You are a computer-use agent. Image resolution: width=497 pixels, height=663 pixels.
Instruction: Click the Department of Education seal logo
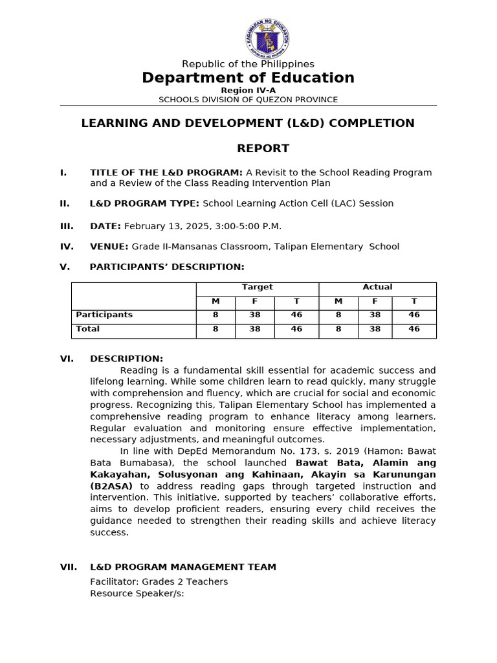click(267, 38)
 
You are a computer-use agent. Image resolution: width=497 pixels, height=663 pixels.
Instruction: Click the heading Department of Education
click(248, 78)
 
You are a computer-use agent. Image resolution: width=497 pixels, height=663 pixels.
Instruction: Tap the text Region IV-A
click(248, 90)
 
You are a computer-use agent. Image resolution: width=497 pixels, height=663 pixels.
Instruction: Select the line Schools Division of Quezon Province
click(248, 100)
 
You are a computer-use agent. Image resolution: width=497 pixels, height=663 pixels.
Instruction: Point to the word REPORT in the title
click(263, 148)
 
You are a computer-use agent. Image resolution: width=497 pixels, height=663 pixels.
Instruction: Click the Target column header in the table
click(257, 287)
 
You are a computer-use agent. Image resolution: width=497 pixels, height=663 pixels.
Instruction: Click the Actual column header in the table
click(377, 287)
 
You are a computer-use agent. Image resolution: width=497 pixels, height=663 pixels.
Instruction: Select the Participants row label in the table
click(104, 315)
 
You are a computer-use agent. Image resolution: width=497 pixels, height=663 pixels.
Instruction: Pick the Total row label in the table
click(88, 329)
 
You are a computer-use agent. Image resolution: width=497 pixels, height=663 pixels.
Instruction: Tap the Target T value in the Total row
click(296, 329)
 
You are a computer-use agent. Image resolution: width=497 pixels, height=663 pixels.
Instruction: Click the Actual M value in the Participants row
click(338, 315)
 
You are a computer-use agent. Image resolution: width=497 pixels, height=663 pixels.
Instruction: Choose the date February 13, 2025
click(170, 226)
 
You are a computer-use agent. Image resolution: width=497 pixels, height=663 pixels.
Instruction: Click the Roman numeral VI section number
click(67, 359)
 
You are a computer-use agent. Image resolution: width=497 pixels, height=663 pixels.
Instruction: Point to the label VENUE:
click(109, 247)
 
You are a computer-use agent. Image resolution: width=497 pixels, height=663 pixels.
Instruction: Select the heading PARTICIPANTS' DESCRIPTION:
click(167, 267)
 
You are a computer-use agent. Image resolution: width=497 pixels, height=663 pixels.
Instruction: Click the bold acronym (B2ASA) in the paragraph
click(111, 486)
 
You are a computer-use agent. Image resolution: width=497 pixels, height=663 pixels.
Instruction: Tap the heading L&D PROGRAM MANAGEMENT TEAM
click(182, 567)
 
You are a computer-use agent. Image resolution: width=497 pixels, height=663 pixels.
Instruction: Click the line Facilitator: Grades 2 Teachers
click(159, 581)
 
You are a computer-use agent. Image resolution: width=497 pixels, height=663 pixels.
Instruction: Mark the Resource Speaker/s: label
click(137, 593)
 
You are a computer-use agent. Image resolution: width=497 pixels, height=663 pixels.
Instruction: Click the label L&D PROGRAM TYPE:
click(144, 203)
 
